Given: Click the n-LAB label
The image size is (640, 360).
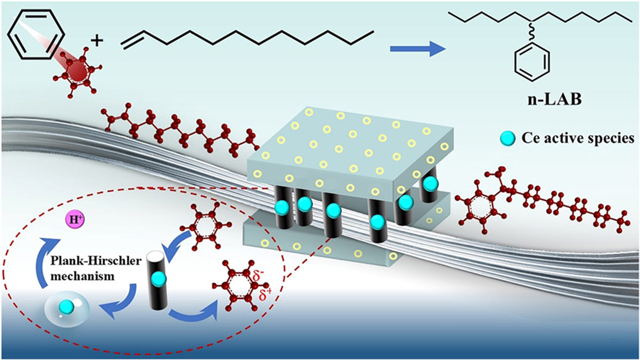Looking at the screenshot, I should [554, 99].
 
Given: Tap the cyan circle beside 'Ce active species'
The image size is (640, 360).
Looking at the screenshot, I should [507, 139].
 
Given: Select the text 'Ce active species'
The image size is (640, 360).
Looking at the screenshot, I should [578, 138].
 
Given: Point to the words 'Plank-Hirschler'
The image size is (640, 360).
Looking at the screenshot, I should [96, 260].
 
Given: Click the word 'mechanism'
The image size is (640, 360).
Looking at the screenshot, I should [83, 276].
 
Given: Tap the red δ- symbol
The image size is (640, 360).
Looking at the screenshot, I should [258, 277].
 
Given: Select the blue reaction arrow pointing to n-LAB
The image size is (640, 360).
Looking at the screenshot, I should [417, 49].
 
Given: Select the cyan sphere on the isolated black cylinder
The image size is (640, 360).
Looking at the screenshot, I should [158, 279].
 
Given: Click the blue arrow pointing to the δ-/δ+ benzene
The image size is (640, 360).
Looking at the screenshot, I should [195, 315].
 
